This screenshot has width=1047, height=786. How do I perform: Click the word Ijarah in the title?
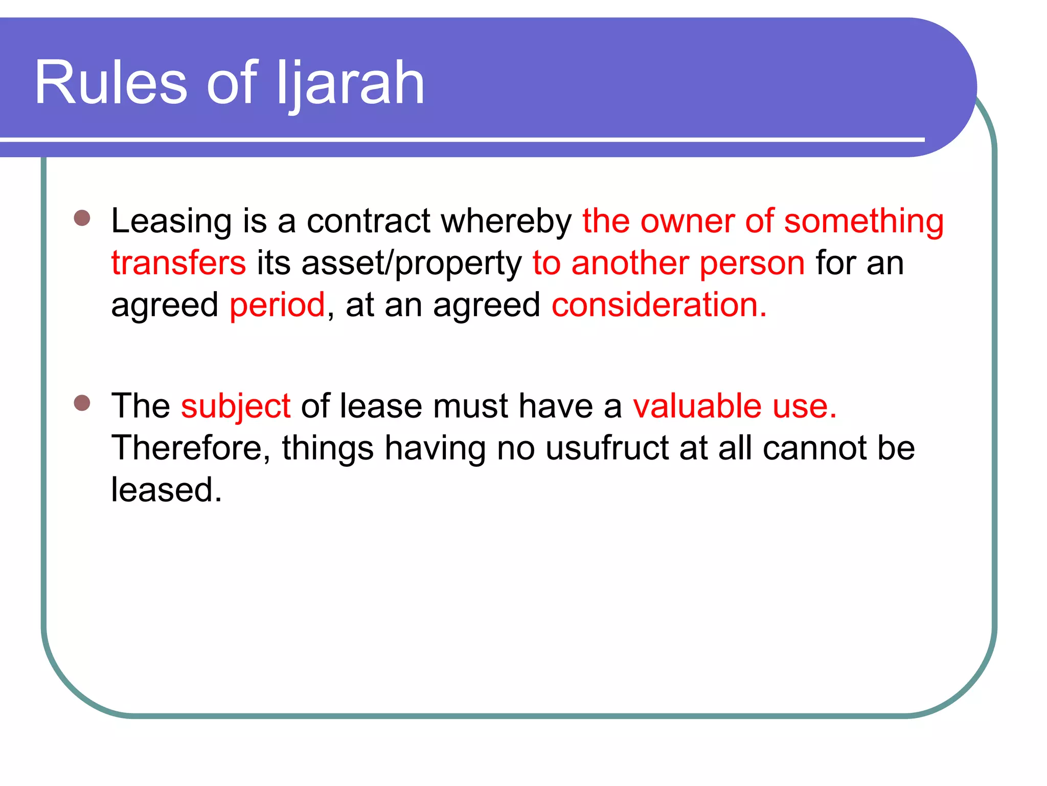[x=350, y=83]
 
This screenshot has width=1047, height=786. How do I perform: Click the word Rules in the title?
[x=110, y=83]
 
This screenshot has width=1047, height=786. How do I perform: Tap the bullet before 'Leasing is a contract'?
[x=82, y=218]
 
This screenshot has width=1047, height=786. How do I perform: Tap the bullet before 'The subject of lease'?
[x=82, y=403]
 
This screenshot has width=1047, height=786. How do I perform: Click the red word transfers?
[x=178, y=263]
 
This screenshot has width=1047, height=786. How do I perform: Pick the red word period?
[x=277, y=305]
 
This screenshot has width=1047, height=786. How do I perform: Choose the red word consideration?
[x=658, y=305]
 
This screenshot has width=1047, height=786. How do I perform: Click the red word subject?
[x=236, y=406]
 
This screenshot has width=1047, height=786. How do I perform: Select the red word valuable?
[x=697, y=406]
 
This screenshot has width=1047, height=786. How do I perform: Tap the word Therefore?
[x=190, y=448]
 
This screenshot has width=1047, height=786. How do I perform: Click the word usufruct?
[x=607, y=448]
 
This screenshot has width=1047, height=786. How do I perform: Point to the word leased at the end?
[x=166, y=490]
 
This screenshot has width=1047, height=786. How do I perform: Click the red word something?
[x=864, y=221]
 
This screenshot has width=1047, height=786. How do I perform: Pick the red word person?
[x=752, y=263]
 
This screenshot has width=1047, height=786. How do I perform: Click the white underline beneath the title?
[x=460, y=139]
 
